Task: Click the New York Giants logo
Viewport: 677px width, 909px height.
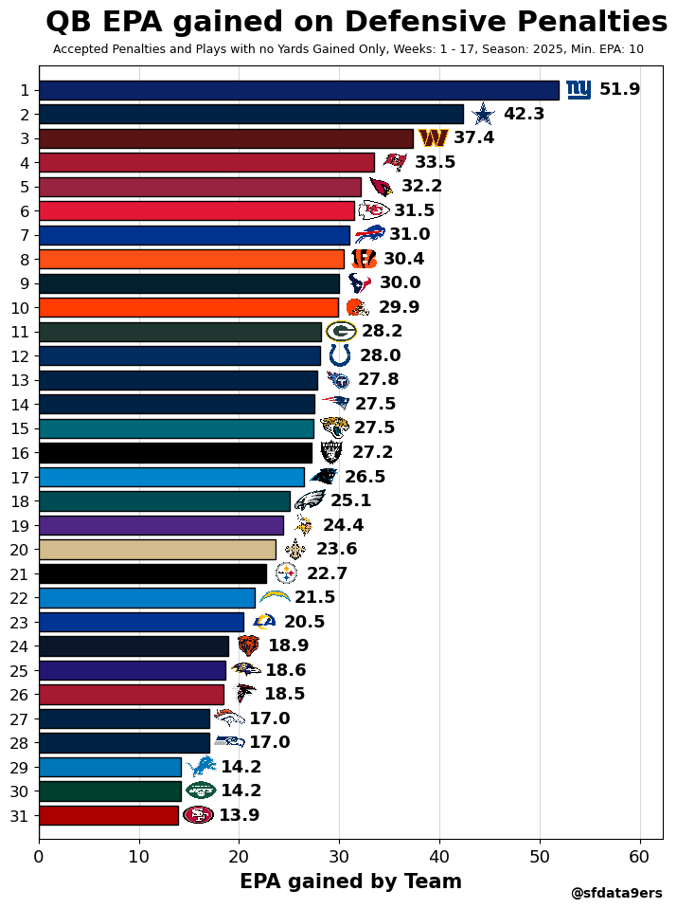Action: tap(579, 89)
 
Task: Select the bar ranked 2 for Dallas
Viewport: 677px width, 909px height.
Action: tap(251, 114)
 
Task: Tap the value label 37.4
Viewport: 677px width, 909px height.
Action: tap(473, 138)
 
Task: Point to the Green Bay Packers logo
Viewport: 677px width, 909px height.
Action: tap(341, 332)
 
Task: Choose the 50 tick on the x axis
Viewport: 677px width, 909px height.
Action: tap(540, 858)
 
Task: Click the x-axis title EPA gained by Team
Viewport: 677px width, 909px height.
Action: tap(350, 882)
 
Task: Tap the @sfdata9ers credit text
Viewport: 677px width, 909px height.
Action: tap(616, 894)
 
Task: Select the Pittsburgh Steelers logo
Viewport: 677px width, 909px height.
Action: tap(286, 573)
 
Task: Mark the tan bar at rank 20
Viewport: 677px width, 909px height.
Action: tap(157, 550)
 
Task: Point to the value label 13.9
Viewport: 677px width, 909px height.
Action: tap(239, 816)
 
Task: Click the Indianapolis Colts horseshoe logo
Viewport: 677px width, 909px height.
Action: tap(339, 355)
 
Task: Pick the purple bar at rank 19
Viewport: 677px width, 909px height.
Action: tap(161, 525)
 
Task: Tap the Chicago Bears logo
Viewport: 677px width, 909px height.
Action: tap(248, 646)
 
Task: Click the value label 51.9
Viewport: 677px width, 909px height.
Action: tap(619, 90)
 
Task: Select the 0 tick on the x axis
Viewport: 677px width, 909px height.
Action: tap(39, 858)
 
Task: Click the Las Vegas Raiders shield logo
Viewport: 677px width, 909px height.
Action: tap(331, 453)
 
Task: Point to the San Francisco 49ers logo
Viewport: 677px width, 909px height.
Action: tap(198, 815)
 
